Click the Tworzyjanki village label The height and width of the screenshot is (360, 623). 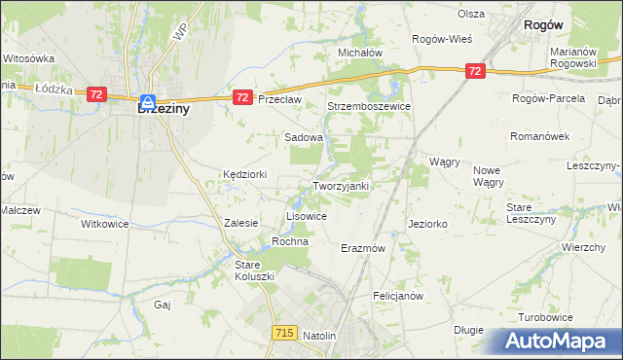[x=340, y=186]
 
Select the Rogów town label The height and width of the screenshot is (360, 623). [x=546, y=28]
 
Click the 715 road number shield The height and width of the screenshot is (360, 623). [x=284, y=333]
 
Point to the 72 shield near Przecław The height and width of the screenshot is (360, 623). [x=243, y=97]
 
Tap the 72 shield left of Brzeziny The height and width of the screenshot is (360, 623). [x=95, y=93]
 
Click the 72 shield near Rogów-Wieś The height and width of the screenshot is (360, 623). [x=474, y=71]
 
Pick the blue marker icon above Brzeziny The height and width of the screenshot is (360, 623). [x=147, y=101]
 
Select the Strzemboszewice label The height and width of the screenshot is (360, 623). [x=370, y=106]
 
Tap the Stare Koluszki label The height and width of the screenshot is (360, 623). [x=255, y=270]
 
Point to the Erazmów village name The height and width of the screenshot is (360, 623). [x=364, y=248]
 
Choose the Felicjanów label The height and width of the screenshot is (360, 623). [x=397, y=295]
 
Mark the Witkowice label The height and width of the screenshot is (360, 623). [x=104, y=223]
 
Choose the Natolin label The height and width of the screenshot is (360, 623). [x=319, y=336]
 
